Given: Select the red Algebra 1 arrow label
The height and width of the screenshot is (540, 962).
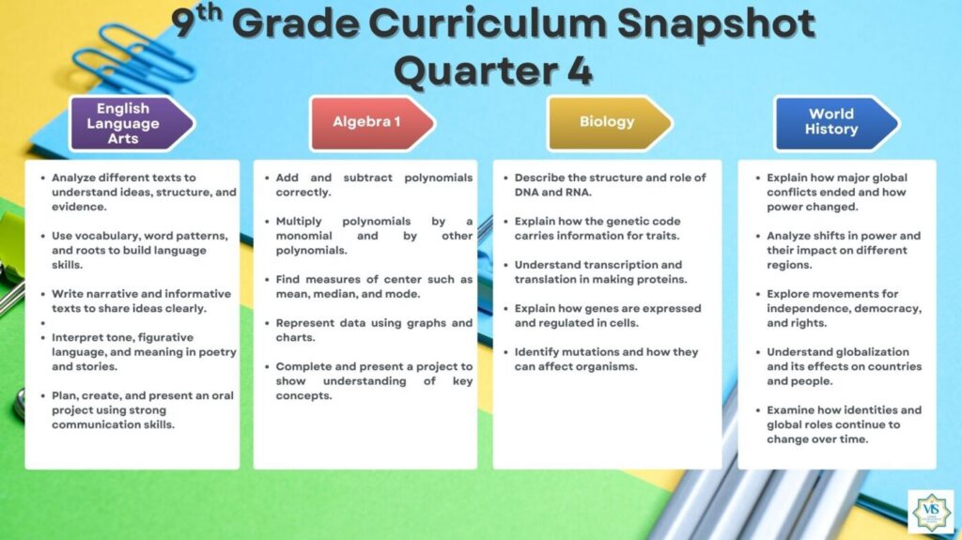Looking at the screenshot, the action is click(372, 123).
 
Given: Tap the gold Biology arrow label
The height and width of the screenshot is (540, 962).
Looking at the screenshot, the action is click(610, 123).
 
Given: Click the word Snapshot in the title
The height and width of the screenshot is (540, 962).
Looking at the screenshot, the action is click(716, 24).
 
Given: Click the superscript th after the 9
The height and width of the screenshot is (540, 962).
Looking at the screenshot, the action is click(209, 13).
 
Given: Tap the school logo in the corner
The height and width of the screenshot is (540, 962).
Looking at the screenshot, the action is click(931, 511).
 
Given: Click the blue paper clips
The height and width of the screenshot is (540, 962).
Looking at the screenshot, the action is click(132, 58).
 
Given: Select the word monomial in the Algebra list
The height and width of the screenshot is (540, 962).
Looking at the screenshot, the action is click(303, 236).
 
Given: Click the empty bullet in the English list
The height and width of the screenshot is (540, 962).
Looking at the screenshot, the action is click(43, 323).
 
